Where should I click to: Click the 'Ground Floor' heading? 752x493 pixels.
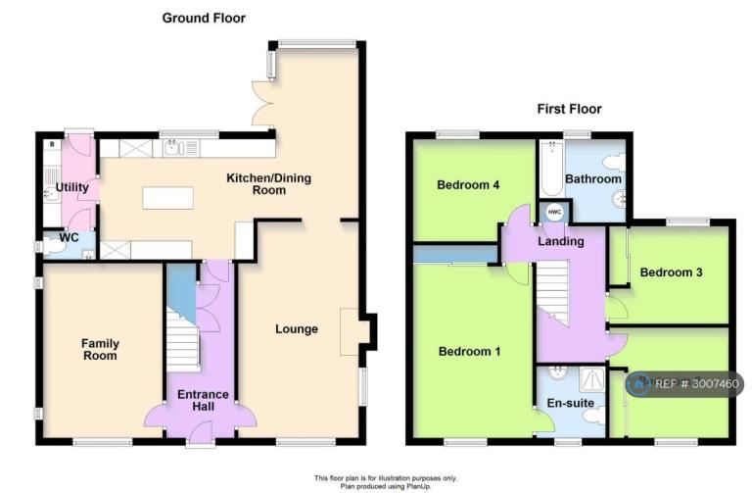204,19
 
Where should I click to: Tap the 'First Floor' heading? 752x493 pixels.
569,109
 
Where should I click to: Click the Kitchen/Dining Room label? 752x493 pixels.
268,184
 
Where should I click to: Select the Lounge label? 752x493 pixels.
297,328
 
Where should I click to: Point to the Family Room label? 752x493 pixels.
100,350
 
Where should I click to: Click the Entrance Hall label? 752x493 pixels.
203,400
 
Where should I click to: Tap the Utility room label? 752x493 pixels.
71,187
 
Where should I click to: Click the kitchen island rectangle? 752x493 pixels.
167,198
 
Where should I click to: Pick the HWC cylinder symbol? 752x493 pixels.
554,212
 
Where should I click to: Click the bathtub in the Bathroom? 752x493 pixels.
552,169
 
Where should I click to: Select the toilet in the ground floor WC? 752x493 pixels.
53,246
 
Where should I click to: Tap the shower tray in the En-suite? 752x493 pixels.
591,379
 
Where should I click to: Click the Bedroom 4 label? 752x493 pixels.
468,185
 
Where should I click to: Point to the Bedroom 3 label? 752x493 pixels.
671,272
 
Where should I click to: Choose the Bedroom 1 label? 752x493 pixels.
470,352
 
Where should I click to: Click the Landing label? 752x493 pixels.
561,241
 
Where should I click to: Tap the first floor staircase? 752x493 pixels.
552,293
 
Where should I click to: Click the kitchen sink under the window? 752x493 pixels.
173,148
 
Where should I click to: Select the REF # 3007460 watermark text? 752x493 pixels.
696,384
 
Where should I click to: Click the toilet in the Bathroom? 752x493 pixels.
615,163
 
